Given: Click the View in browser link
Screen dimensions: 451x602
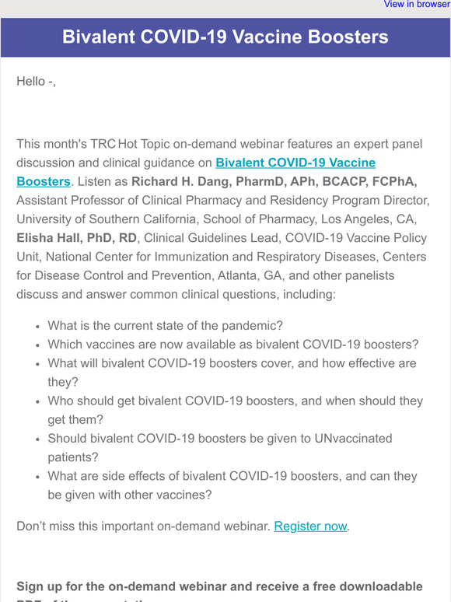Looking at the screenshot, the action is click(417, 5).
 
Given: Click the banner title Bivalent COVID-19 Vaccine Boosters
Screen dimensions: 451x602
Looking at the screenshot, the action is click(226, 37).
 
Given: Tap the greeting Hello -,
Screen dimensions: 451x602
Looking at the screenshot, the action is click(36, 81).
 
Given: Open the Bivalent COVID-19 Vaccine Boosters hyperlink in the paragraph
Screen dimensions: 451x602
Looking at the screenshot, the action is click(295, 163).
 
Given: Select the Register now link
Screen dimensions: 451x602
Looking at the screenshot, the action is click(310, 526).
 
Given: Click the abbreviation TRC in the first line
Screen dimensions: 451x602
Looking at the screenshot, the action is click(100, 144).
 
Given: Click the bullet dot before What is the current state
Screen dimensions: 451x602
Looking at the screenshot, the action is click(38, 327).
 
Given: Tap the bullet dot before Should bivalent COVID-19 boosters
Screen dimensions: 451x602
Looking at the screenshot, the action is click(38, 439).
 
